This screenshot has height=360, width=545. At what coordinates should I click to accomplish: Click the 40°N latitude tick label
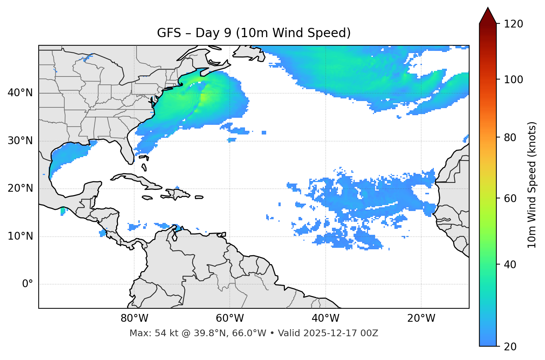pos(20,93)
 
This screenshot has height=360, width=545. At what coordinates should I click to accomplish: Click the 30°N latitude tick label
pos(20,141)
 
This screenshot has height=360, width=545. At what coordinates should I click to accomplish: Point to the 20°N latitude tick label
pos(20,188)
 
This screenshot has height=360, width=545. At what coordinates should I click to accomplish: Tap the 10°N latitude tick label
pos(20,236)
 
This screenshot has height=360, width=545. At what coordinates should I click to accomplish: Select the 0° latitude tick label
pos(28,284)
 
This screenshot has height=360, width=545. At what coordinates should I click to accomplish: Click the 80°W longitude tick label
pos(134,318)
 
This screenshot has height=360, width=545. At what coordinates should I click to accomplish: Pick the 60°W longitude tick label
pos(230,318)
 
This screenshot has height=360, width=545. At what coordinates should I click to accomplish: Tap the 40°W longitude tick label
pos(325,318)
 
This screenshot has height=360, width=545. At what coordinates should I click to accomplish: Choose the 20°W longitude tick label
pos(421,318)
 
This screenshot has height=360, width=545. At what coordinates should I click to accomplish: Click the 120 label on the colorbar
pos(513,24)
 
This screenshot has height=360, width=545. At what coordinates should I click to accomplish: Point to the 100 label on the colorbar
pos(513,80)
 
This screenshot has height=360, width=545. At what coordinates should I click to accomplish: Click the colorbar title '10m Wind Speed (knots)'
pos(532,185)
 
